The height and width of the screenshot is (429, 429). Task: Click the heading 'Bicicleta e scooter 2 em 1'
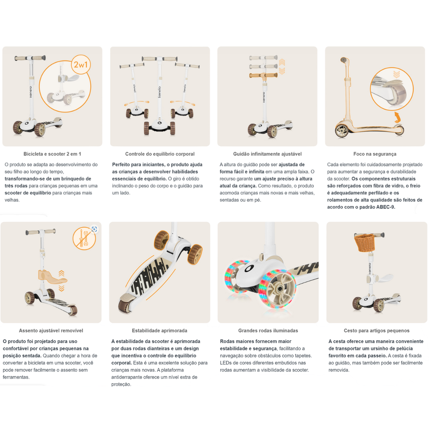coord(52,154)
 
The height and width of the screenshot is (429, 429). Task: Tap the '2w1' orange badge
coord(81,64)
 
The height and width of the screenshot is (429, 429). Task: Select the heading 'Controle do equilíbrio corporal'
coord(160,154)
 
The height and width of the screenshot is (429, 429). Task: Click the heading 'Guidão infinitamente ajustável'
coord(267,154)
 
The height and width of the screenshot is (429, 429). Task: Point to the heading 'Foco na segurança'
coord(375,154)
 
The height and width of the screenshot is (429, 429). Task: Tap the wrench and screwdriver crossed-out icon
coord(84,239)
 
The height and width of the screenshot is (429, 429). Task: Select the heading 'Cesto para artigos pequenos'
coord(376,330)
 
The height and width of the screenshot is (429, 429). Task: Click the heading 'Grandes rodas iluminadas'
coord(268,330)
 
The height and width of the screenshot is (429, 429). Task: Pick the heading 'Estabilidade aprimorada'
coord(159,330)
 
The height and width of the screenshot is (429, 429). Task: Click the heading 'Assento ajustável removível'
coord(51,330)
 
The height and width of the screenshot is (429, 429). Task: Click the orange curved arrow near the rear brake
coord(397,117)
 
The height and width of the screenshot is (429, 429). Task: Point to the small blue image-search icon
coord(94,229)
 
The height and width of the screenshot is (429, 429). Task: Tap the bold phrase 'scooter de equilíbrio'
coord(27,193)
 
